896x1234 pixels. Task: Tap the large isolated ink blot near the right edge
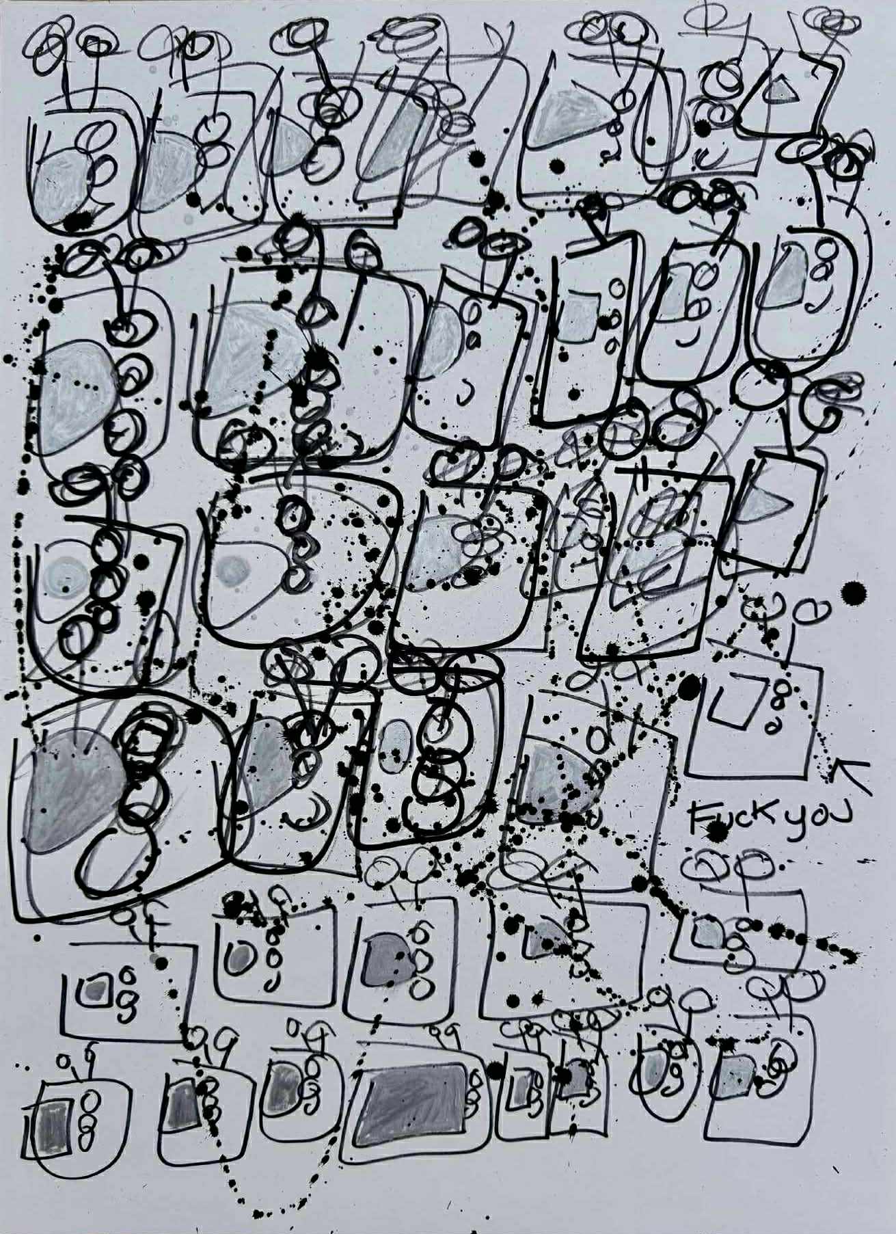pyautogui.click(x=852, y=593)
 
